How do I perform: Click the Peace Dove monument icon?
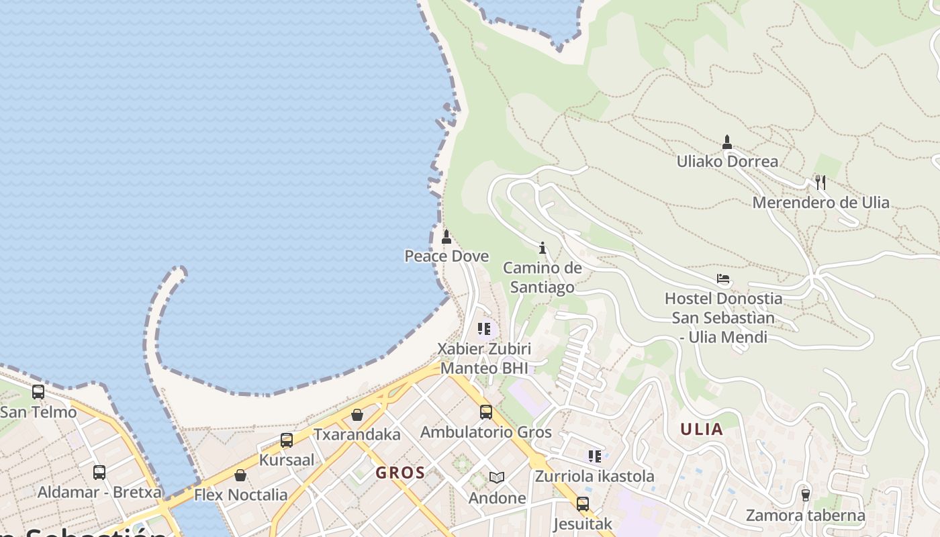(x=446, y=237)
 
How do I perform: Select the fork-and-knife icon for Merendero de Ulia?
(x=820, y=182)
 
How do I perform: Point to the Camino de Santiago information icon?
(x=543, y=248)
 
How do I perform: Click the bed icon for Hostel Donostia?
(x=722, y=279)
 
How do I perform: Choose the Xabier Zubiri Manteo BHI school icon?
(x=483, y=329)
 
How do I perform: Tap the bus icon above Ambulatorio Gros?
(x=485, y=412)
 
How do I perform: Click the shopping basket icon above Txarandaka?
(x=357, y=415)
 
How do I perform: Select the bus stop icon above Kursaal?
(x=287, y=440)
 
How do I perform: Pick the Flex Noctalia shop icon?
(x=240, y=475)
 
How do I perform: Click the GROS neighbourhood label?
(x=400, y=473)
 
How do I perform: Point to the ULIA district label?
(x=702, y=430)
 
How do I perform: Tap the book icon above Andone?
(x=497, y=477)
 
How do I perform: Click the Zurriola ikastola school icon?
(x=594, y=456)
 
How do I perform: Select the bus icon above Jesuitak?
(x=582, y=503)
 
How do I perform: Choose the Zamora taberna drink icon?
(x=805, y=495)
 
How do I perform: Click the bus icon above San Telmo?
(x=38, y=391)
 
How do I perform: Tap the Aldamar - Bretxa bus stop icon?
(x=99, y=472)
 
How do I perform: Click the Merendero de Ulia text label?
(x=820, y=203)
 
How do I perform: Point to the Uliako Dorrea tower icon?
(x=726, y=142)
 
